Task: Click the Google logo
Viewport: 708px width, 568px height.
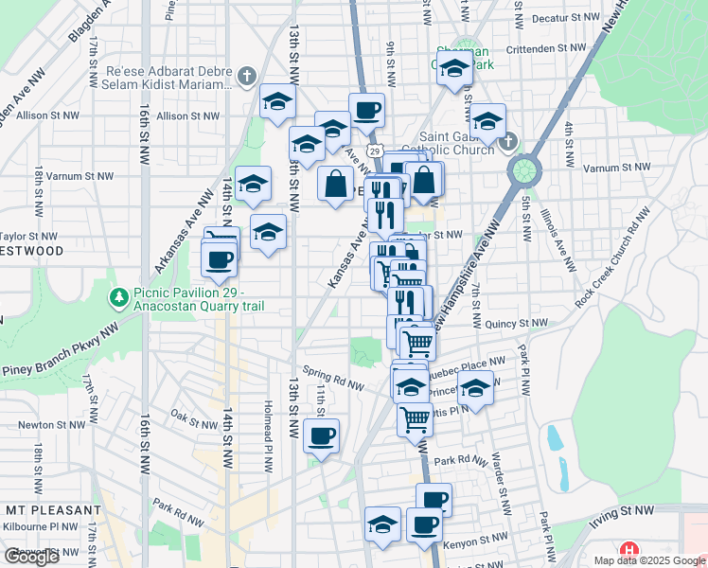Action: point(31,556)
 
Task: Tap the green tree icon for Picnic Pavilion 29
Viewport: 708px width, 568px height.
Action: point(119,299)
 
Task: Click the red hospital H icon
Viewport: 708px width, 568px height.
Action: point(628,550)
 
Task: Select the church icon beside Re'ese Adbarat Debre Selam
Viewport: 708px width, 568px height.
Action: point(247,76)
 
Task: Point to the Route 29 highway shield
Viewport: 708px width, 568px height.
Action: point(375,151)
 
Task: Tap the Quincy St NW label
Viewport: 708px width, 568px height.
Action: point(516,324)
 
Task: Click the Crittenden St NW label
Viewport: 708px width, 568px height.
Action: point(547,47)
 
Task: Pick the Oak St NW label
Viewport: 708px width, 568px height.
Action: point(195,416)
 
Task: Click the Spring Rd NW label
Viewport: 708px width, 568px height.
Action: point(333,378)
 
